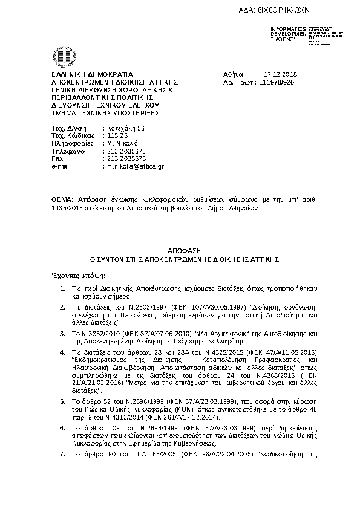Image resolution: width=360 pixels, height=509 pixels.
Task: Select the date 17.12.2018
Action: pyautogui.click(x=277, y=74)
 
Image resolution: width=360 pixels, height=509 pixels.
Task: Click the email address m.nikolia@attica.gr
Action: pyautogui.click(x=136, y=165)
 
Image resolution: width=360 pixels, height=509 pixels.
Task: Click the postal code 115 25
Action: pyautogui.click(x=114, y=136)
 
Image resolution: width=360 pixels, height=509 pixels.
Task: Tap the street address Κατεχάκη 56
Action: pyautogui.click(x=125, y=129)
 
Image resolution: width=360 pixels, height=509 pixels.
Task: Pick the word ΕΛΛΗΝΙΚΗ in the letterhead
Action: pyautogui.click(x=68, y=74)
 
